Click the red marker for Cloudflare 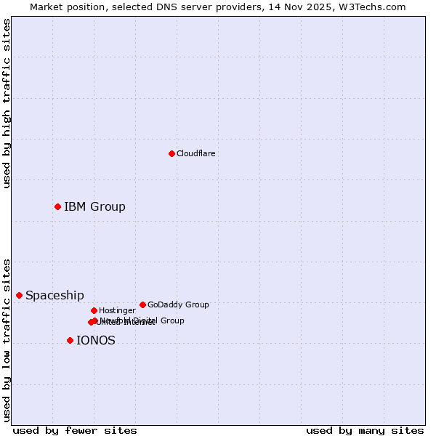click(x=171, y=153)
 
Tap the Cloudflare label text click(x=195, y=153)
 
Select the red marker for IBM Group click(x=57, y=207)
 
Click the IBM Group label click(x=94, y=207)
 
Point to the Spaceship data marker click(x=19, y=295)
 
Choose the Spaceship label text click(x=54, y=295)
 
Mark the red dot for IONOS click(x=70, y=340)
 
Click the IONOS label click(x=95, y=340)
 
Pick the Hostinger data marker click(x=94, y=310)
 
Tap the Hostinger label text click(x=117, y=310)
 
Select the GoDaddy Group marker click(x=142, y=304)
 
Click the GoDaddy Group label click(x=178, y=304)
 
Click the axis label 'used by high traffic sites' click(x=7, y=103)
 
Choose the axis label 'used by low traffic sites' click(x=7, y=339)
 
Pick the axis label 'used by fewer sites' click(x=75, y=430)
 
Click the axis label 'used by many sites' click(x=365, y=430)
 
